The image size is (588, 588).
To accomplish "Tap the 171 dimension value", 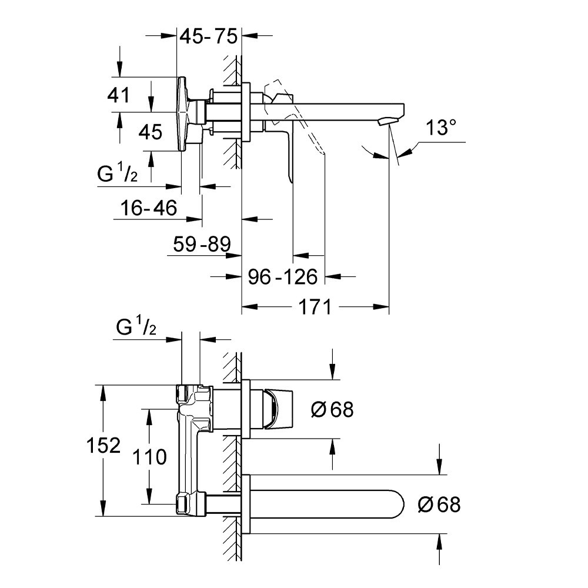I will click(315, 306).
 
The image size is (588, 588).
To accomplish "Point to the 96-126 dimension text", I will click(282, 276).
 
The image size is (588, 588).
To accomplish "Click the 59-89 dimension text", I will click(202, 243).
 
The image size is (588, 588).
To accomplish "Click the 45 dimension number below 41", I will click(150, 132).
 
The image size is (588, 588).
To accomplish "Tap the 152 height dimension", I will click(106, 445).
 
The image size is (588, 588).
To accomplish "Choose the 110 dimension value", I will click(150, 457).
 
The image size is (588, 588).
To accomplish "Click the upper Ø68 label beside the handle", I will click(332, 409).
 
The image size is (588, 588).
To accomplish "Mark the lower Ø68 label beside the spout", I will click(439, 504).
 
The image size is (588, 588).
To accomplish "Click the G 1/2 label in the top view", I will click(118, 175).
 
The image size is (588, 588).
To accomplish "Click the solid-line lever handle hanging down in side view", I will click(288, 153).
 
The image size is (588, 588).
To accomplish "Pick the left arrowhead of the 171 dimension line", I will click(247, 306).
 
